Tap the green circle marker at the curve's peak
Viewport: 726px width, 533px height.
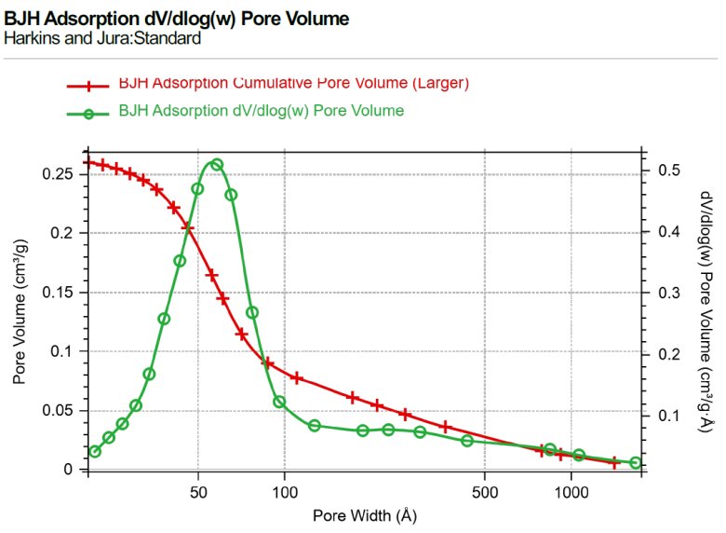217,164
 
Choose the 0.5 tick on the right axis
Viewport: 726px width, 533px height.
668,170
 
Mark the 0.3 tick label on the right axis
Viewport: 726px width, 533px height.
668,293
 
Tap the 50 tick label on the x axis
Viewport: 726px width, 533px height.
198,492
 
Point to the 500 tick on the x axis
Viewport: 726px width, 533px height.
485,492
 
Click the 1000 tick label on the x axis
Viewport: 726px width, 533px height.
571,492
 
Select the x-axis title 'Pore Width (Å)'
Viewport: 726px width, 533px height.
365,514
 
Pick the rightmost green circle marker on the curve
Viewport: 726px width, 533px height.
636,463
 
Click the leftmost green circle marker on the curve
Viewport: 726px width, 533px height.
94,452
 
